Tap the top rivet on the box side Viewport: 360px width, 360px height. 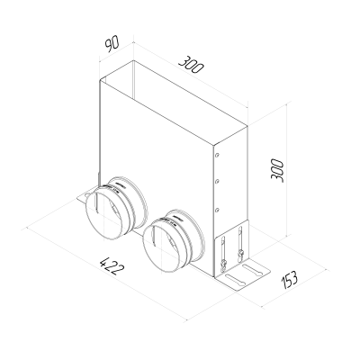coord(217,154)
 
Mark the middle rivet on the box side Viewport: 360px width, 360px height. coord(217,181)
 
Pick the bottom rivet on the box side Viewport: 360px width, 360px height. coord(217,209)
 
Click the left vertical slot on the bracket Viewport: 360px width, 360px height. coord(220,248)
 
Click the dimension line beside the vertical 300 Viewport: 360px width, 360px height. coord(289,171)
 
